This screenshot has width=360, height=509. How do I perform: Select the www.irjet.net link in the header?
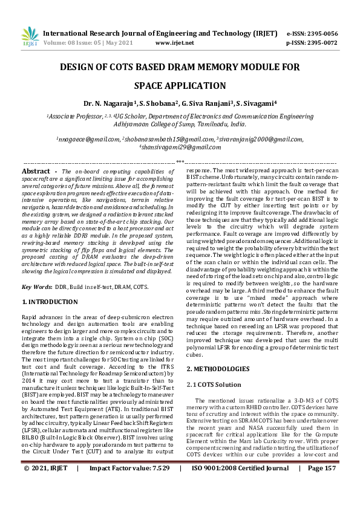pyautogui.click(x=175, y=44)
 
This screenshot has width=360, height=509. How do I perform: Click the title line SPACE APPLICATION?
pyautogui.click(x=180, y=86)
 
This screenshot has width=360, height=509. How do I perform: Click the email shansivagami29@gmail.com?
pyautogui.click(x=180, y=147)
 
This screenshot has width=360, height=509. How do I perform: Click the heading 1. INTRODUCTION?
pyautogui.click(x=50, y=301)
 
